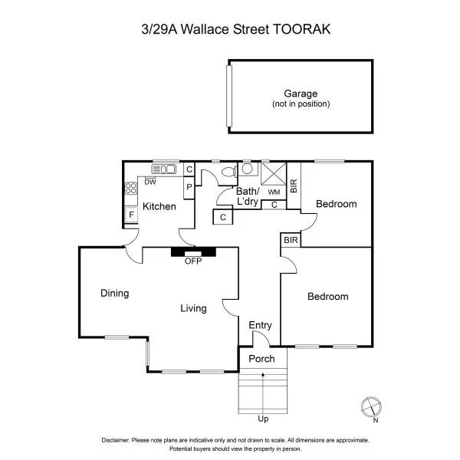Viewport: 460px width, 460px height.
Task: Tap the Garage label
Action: pyautogui.click(x=301, y=94)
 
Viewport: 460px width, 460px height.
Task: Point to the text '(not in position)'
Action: pyautogui.click(x=301, y=103)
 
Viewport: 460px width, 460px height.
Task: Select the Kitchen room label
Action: pyautogui.click(x=159, y=206)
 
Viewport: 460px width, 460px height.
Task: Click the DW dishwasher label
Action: pyautogui.click(x=150, y=182)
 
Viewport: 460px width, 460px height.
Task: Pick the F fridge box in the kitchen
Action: pyautogui.click(x=132, y=215)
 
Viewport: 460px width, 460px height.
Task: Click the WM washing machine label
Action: pyautogui.click(x=273, y=192)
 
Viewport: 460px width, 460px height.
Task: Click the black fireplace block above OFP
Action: pyautogui.click(x=193, y=251)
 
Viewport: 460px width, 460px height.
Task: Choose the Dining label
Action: pyautogui.click(x=114, y=293)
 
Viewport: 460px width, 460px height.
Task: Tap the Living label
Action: pyautogui.click(x=193, y=308)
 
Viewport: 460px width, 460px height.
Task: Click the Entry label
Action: pyautogui.click(x=260, y=325)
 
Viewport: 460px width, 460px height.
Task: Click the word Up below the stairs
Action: pyautogui.click(x=263, y=419)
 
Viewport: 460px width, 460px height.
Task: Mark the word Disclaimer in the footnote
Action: pyautogui.click(x=116, y=440)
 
